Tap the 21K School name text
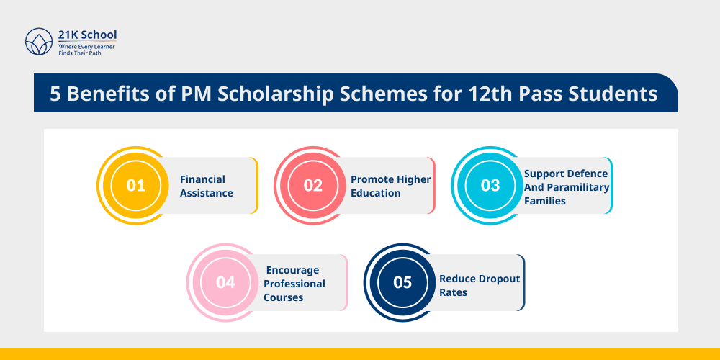[x=87, y=35]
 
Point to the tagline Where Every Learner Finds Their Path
[x=86, y=49]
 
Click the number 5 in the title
[x=55, y=94]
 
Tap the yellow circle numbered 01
[x=135, y=185]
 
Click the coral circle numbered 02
[x=312, y=185]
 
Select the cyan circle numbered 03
[x=490, y=185]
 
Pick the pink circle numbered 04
[x=225, y=282]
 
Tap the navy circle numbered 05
[x=402, y=282]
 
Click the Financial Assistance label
[x=206, y=186]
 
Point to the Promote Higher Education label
[x=390, y=186]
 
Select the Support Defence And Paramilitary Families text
[x=567, y=187]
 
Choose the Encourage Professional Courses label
[x=294, y=284]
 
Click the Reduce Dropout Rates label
[x=480, y=285]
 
